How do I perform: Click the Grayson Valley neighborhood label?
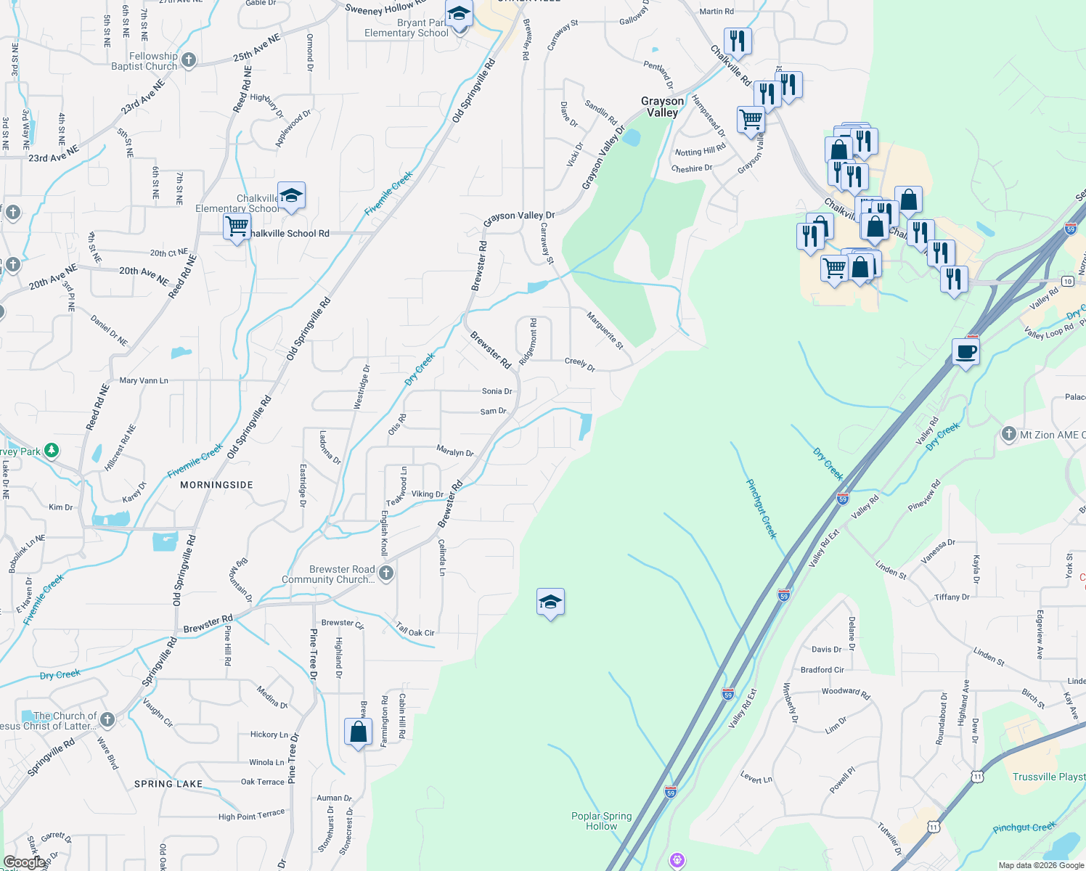(x=662, y=107)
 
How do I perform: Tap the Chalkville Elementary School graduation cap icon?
(x=291, y=196)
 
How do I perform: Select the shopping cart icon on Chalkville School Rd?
(x=237, y=226)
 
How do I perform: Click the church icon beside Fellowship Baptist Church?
(x=189, y=60)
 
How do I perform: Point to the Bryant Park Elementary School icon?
(x=459, y=15)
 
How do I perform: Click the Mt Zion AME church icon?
(x=1008, y=434)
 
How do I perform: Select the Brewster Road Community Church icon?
(x=386, y=573)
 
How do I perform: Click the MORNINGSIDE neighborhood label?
(x=216, y=485)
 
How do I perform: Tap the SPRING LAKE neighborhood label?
(x=168, y=784)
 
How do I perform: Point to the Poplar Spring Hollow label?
(x=601, y=821)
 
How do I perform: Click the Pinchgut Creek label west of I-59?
(x=762, y=508)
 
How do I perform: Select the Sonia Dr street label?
(x=497, y=391)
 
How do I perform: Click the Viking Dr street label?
(x=427, y=494)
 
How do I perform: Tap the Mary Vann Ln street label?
(x=144, y=380)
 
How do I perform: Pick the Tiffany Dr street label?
(x=952, y=597)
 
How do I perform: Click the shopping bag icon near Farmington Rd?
(x=359, y=732)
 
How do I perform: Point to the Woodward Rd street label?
(x=846, y=692)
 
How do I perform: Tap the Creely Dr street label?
(x=579, y=364)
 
